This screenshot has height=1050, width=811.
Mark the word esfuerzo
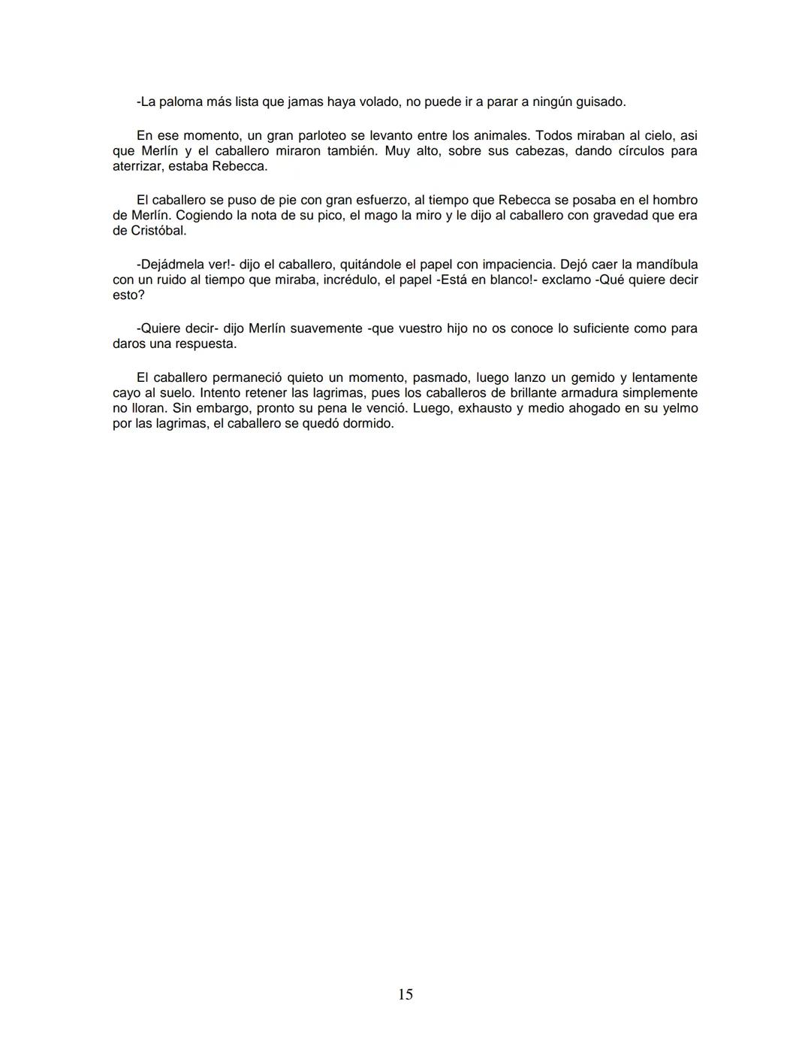pos(375,200)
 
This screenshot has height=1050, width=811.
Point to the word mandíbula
pos(662,265)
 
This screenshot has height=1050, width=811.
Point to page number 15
pos(405,994)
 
